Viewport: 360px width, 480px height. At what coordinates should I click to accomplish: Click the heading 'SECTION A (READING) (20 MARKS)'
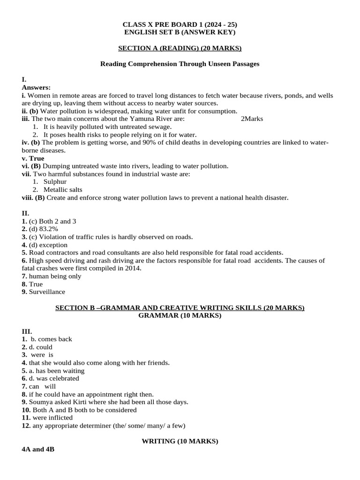[180, 48]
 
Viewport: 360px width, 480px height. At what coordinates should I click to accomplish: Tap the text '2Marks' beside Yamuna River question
[252, 119]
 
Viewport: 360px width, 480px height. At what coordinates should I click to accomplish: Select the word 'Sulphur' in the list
[55, 182]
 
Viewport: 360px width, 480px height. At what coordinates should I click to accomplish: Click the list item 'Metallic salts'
[63, 190]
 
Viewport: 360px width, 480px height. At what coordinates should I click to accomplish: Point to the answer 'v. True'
[33, 158]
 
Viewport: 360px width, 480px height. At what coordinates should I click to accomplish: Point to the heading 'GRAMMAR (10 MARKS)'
[180, 315]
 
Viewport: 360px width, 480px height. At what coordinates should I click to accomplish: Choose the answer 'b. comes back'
[51, 339]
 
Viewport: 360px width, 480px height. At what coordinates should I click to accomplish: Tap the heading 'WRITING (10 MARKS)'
[180, 441]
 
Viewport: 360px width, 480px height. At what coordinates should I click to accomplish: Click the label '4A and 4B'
[38, 449]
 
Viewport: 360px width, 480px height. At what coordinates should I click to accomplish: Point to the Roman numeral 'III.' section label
[27, 331]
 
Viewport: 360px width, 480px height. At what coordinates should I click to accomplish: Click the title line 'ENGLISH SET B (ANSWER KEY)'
[180, 32]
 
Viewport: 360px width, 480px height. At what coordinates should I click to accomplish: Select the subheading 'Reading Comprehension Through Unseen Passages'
[180, 64]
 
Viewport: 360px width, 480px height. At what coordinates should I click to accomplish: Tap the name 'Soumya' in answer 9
[41, 402]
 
